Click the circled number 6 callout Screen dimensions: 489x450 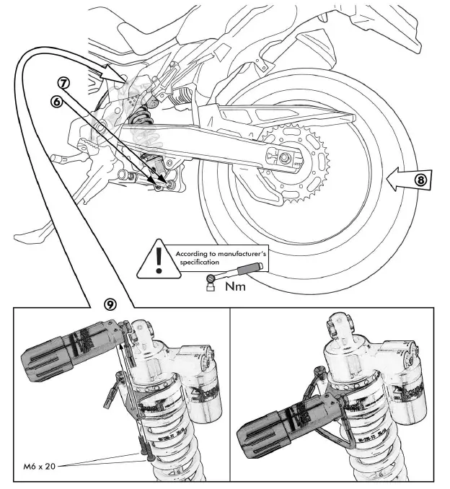click(55, 102)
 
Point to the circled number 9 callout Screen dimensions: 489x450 click(110, 305)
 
